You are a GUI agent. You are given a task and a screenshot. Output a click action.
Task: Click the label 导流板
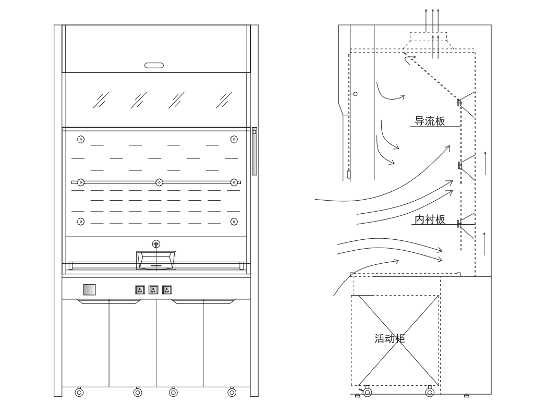pos(430,121)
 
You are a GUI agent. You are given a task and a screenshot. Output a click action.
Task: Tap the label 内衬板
pos(430,219)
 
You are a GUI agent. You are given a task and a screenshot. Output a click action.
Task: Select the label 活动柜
pos(390,338)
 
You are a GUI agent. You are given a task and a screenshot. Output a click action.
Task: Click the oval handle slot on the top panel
pos(154,65)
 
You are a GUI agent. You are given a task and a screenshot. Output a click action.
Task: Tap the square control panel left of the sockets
pos(90,290)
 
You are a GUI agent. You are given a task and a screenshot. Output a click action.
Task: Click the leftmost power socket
pos(140,290)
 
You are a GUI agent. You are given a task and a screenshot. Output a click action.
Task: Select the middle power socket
pos(153,290)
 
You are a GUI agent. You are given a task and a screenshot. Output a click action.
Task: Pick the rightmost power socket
pos(167,290)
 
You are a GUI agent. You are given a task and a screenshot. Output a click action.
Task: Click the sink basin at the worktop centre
pos(156,260)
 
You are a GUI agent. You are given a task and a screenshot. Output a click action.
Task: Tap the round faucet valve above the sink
pos(156,244)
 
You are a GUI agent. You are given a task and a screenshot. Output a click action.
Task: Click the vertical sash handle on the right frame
pos(254,151)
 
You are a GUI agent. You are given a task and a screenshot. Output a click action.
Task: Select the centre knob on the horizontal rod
pos(160,182)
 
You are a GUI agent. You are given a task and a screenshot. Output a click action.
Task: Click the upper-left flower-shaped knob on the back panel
pos(81,139)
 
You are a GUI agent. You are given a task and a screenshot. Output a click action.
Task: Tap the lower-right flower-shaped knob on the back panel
pos(234,222)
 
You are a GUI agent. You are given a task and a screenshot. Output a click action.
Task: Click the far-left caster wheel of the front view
pos(79,392)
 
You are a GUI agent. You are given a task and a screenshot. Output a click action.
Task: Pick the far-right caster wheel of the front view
pos(232,392)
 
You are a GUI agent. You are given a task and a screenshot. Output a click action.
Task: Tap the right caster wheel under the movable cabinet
pos(430,392)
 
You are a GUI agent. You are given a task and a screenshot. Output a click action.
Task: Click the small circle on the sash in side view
pos(355,94)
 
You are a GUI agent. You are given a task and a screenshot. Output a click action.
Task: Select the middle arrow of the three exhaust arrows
pos(432,21)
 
